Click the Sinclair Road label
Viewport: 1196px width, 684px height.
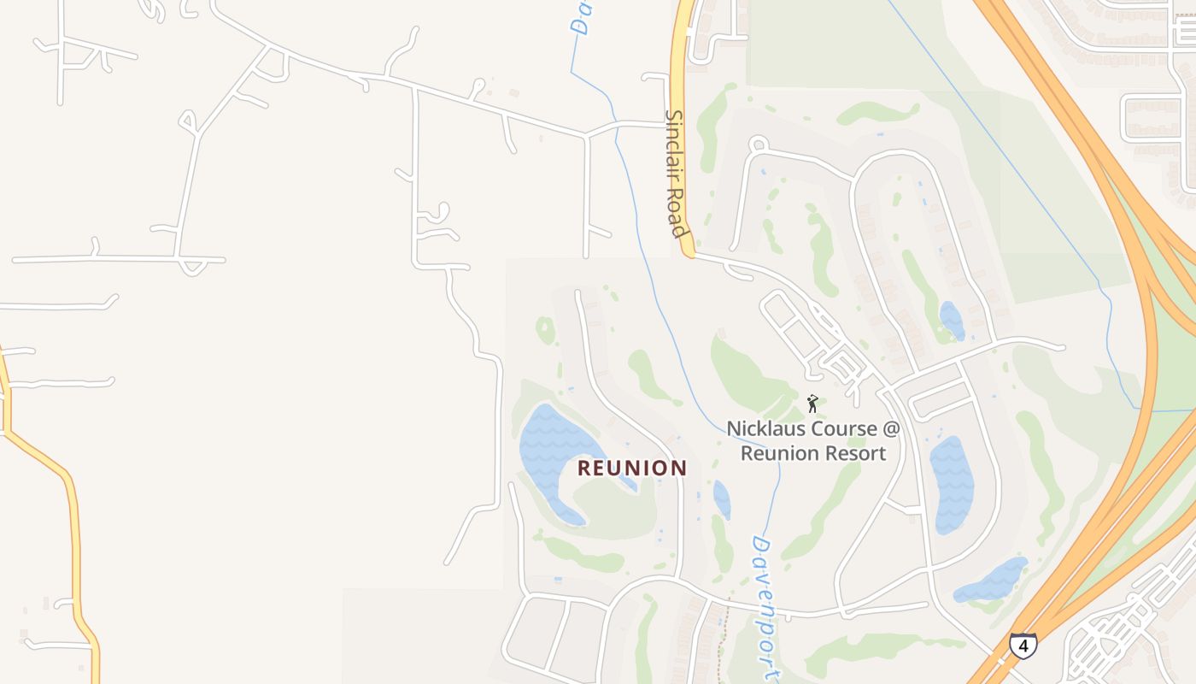[x=676, y=174]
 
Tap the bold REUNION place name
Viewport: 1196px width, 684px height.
[x=632, y=468]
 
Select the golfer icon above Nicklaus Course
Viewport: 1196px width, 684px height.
[x=812, y=403]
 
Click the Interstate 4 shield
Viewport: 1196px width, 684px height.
[x=1022, y=645]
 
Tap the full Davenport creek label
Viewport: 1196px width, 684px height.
[x=765, y=607]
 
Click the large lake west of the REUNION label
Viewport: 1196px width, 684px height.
[x=551, y=453]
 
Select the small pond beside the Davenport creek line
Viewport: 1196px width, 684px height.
[x=722, y=500]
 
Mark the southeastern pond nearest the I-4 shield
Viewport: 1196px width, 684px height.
[x=991, y=580]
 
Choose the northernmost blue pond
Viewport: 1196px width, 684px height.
[x=952, y=321]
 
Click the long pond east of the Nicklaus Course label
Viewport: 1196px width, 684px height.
[x=951, y=483]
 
